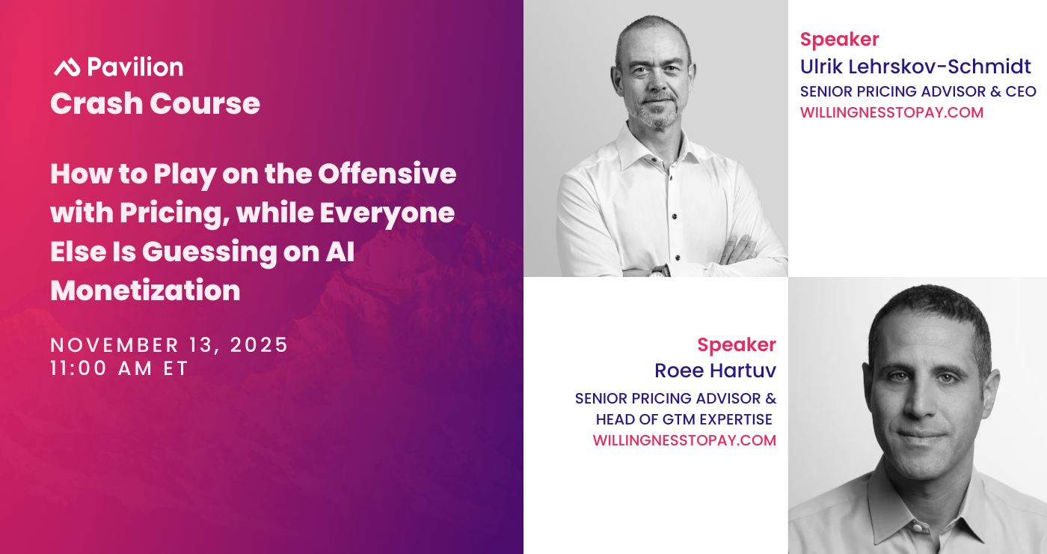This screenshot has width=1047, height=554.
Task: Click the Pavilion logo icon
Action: click(67, 67)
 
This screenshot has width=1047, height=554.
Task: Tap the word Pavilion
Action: click(135, 67)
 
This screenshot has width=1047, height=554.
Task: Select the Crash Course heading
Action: click(156, 103)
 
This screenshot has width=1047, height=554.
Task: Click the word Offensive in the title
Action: click(387, 174)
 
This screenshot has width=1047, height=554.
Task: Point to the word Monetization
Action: click(145, 290)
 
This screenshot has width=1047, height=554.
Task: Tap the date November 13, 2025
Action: click(169, 345)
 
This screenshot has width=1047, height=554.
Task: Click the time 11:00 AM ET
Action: click(119, 368)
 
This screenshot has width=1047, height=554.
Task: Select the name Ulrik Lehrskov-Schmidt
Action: click(915, 67)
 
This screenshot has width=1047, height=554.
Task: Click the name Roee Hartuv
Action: click(715, 371)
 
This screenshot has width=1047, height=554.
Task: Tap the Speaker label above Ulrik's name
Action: click(839, 39)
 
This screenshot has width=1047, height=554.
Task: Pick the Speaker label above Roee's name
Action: click(737, 345)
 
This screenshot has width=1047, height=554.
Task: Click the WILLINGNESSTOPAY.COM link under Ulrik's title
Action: click(891, 112)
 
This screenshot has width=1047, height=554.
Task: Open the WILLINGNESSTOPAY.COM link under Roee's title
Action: click(684, 440)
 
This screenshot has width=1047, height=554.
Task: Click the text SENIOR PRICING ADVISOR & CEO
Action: click(918, 91)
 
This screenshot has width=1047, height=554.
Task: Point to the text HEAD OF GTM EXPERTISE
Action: click(684, 419)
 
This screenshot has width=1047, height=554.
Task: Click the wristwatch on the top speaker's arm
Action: click(658, 270)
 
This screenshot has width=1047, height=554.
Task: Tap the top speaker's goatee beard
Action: click(657, 112)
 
